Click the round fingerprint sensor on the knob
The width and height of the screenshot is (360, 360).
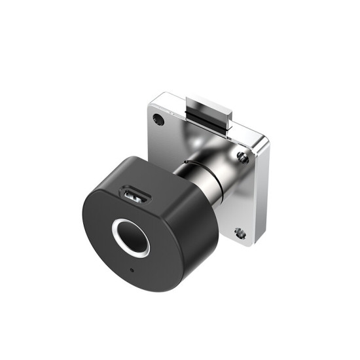[131, 238]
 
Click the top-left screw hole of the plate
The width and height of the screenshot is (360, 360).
[158, 119]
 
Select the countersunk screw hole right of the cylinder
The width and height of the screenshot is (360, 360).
[242, 156]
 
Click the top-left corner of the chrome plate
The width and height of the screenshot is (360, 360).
[152, 98]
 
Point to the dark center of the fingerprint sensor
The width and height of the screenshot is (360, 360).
[132, 238]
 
